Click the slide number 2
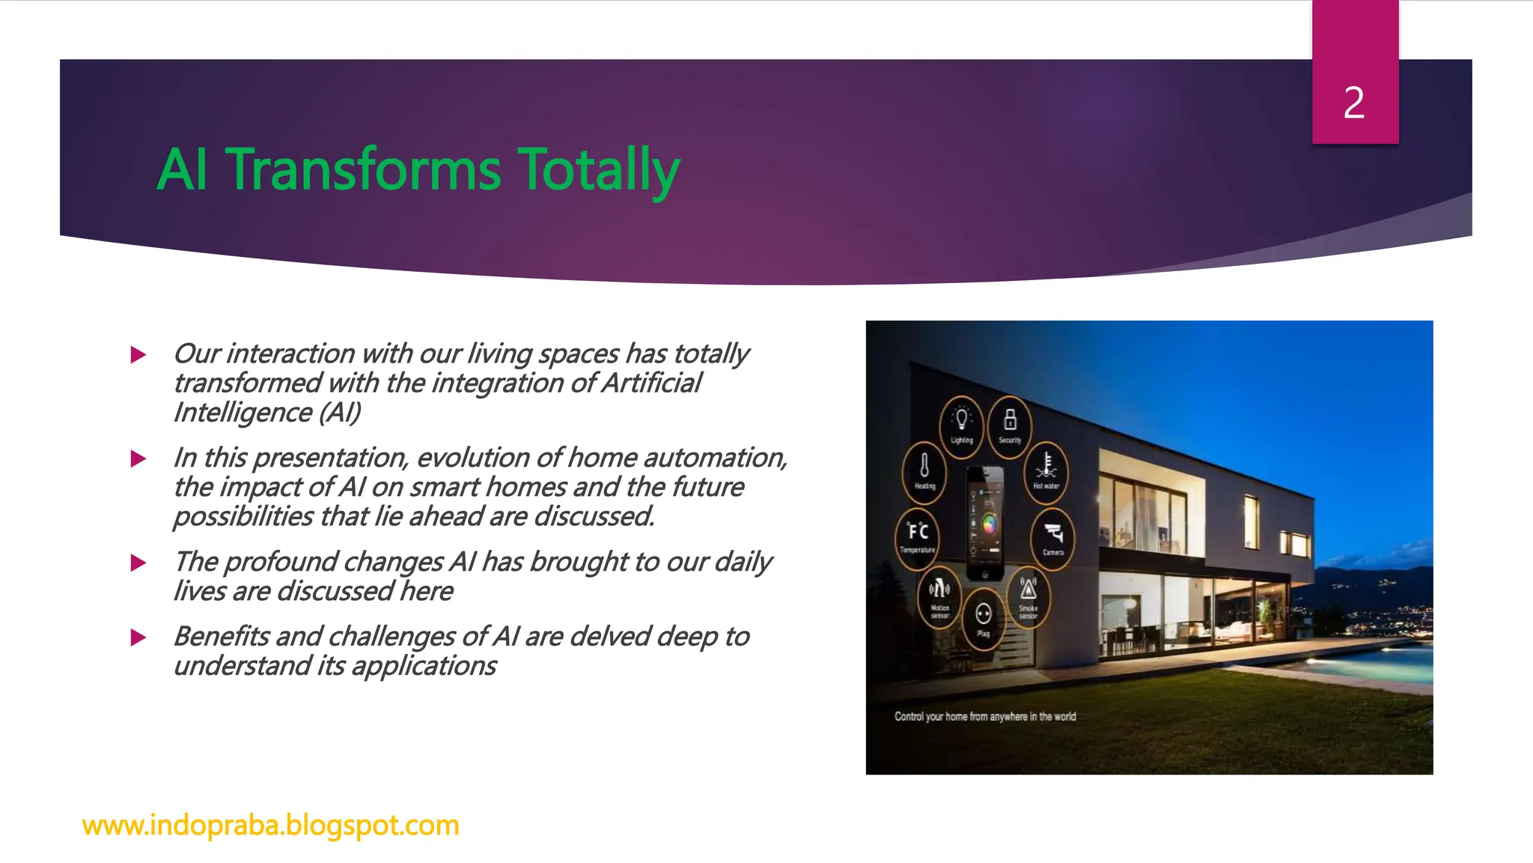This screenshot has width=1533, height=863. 1353,103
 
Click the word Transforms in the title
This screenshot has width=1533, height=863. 363,169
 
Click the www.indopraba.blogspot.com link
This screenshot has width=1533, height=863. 270,825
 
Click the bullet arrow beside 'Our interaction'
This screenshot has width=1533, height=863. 138,354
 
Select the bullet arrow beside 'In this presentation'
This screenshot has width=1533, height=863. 138,458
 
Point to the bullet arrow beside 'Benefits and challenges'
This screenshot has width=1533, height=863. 138,638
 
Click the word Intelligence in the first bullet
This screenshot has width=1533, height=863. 243,413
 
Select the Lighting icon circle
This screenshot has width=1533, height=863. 961,425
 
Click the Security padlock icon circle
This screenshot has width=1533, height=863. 1010,425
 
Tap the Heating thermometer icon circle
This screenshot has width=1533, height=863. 924,470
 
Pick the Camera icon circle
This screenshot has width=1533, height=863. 1053,538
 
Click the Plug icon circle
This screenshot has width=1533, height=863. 984,618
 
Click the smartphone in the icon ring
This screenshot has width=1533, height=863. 985,523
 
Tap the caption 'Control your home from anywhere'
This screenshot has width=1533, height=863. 984,717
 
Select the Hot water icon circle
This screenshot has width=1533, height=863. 1046,470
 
